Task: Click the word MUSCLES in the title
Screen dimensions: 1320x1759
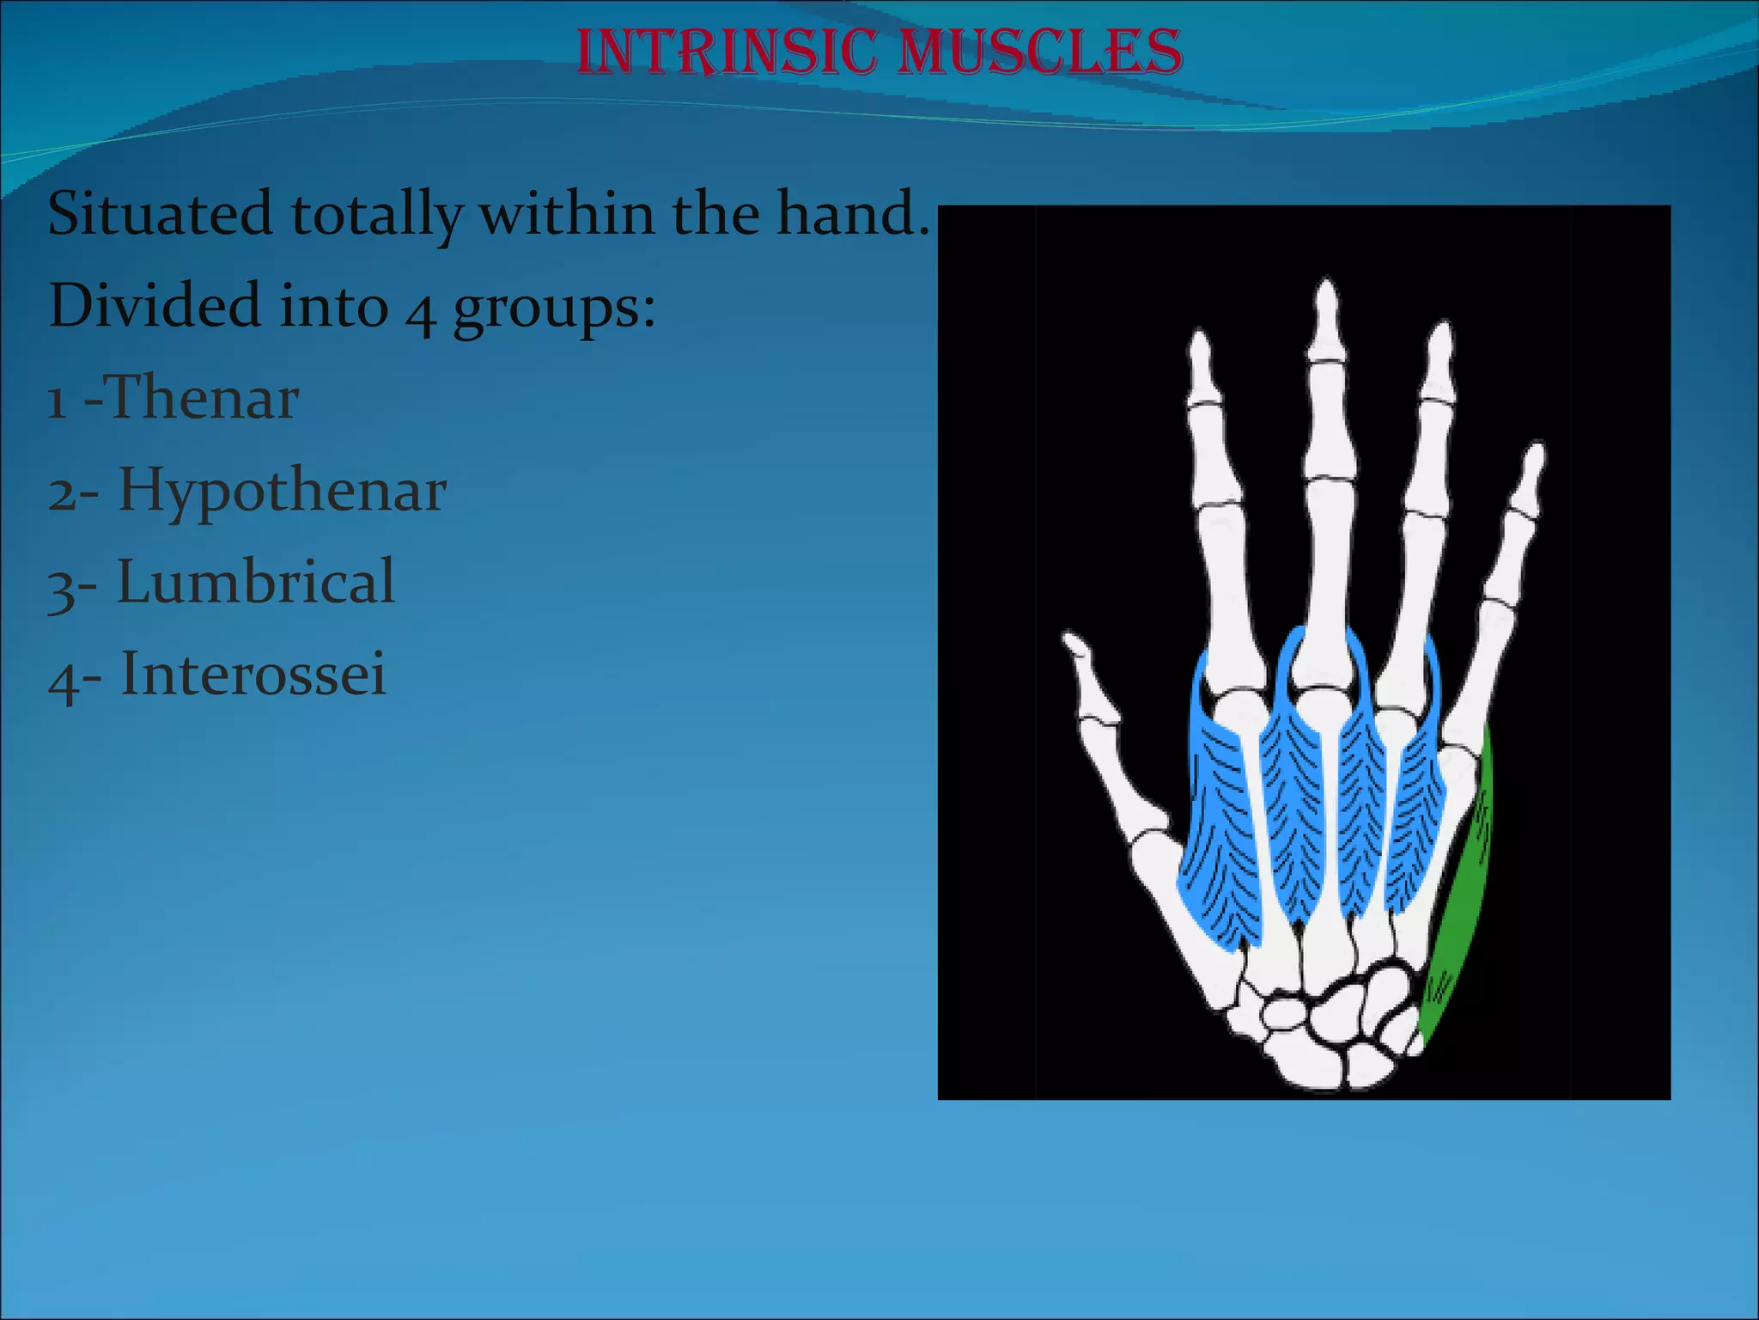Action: click(1039, 52)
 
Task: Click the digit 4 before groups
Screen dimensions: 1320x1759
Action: click(420, 311)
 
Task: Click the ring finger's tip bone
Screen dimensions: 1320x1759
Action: click(1439, 357)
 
